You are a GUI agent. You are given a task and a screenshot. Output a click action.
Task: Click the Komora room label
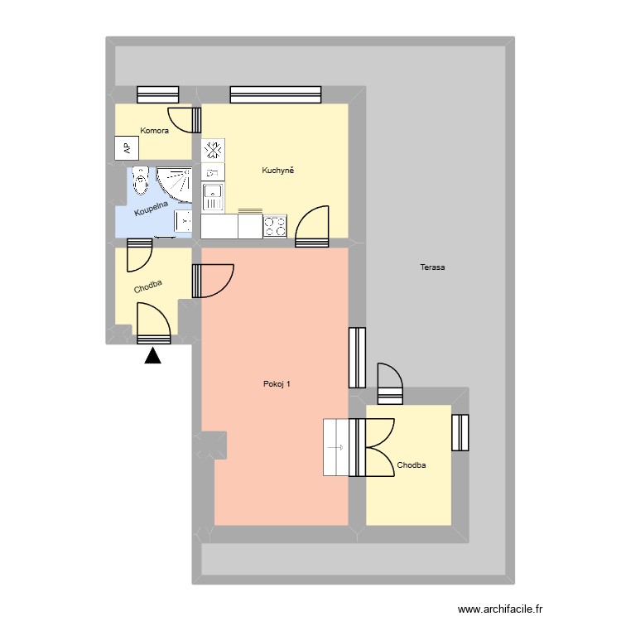[155, 131]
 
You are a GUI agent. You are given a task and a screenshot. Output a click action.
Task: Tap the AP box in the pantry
[127, 148]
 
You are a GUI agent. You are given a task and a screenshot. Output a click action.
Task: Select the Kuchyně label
[278, 171]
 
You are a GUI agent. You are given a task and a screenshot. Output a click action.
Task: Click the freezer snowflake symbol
[214, 150]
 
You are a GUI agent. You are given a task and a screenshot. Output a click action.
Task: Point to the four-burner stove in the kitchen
[275, 225]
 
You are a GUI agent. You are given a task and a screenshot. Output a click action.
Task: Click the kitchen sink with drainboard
[214, 197]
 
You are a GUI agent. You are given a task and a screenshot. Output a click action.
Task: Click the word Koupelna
[152, 206]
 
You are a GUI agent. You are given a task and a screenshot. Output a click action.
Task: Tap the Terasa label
[432, 267]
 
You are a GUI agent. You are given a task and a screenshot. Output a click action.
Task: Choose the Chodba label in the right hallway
[411, 465]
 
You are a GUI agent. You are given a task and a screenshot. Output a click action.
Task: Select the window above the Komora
[158, 95]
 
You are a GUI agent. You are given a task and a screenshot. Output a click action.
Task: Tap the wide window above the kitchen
[276, 95]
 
